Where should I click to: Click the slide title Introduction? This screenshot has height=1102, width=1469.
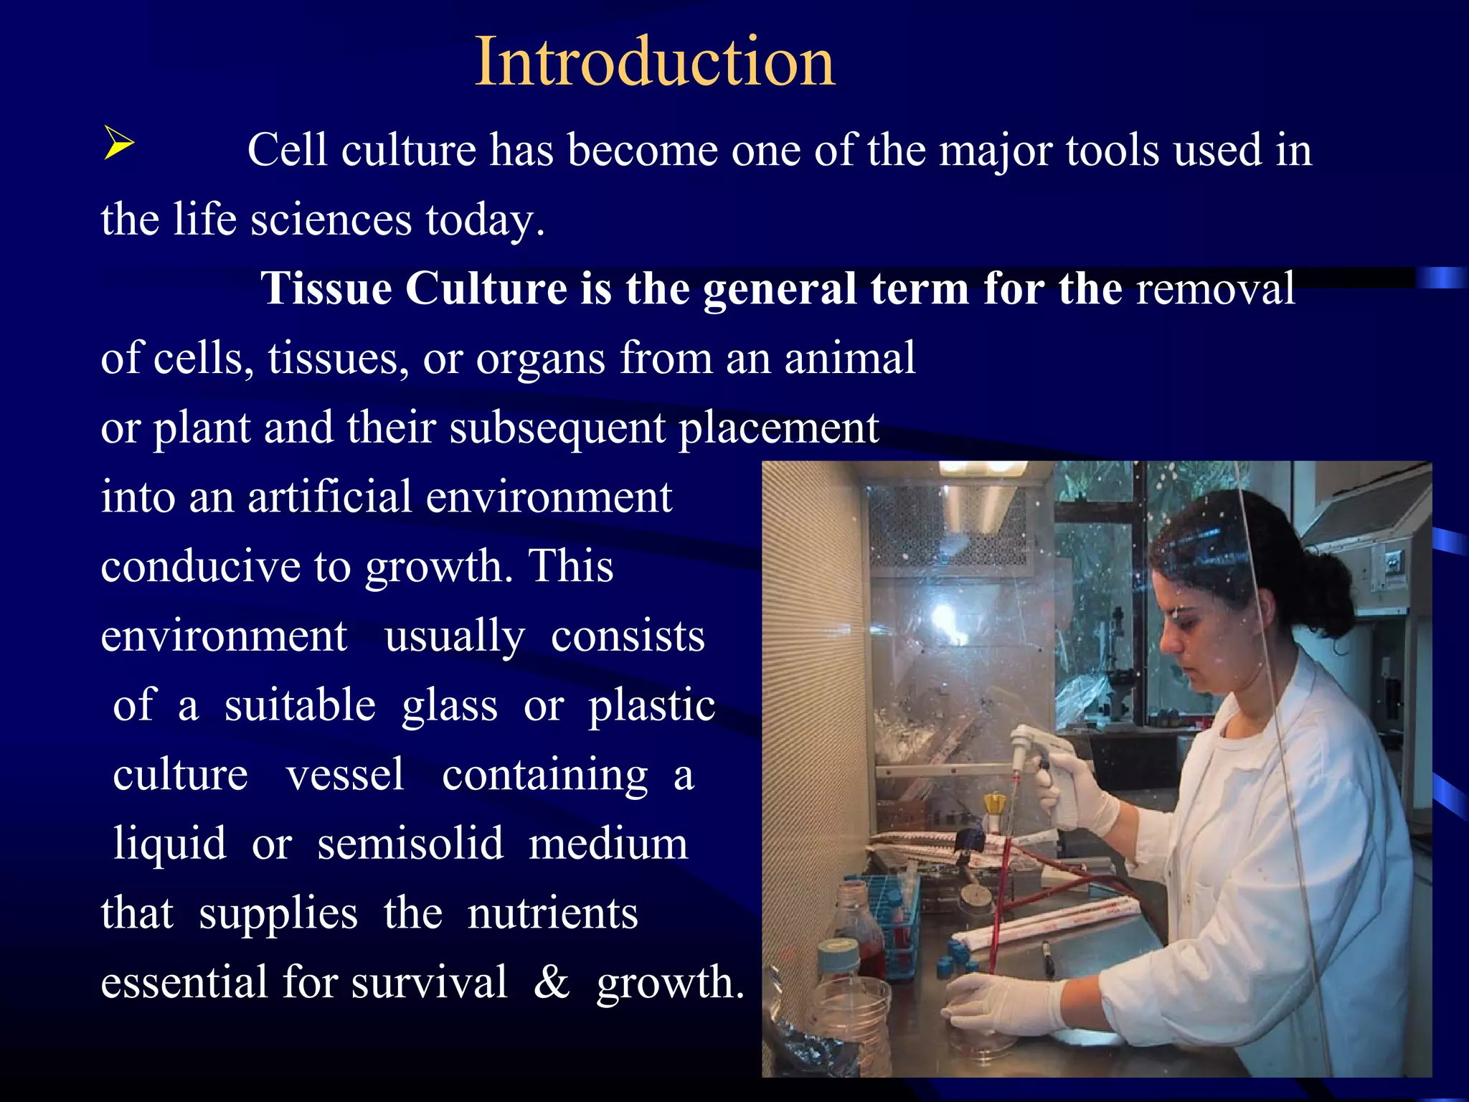tap(655, 62)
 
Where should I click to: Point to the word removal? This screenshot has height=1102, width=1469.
tap(1215, 289)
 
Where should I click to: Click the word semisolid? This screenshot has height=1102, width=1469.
tap(410, 844)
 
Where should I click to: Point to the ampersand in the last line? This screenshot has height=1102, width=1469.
tap(552, 983)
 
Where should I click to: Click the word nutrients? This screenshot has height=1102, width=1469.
tap(552, 914)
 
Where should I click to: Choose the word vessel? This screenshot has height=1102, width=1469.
tap(345, 775)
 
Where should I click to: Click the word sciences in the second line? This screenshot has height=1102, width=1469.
tap(331, 220)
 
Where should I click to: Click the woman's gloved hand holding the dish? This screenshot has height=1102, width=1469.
tap(1004, 1004)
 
